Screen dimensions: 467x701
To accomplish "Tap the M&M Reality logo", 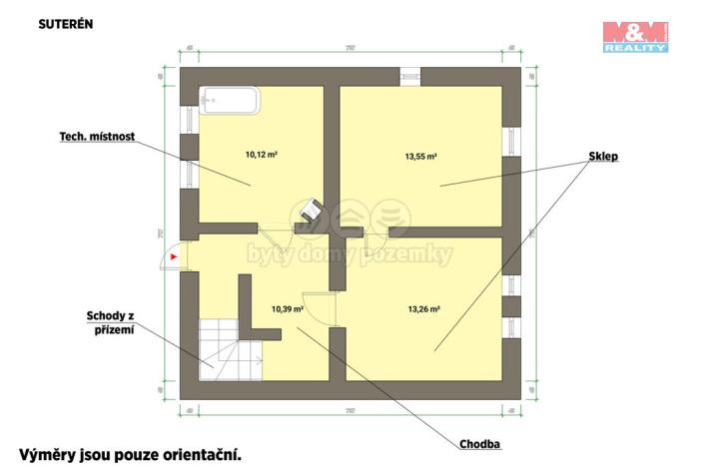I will tap(634, 35).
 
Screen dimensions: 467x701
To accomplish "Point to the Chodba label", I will tap(479, 444).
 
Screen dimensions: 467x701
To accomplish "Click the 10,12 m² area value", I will tap(261, 155).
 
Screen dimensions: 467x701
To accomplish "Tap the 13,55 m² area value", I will tap(422, 156).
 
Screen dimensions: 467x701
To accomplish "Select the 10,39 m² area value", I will tap(287, 309).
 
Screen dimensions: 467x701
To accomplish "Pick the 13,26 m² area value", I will tap(423, 309).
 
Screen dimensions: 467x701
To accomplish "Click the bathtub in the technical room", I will tap(230, 101).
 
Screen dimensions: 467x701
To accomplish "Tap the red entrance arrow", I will tap(173, 257).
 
